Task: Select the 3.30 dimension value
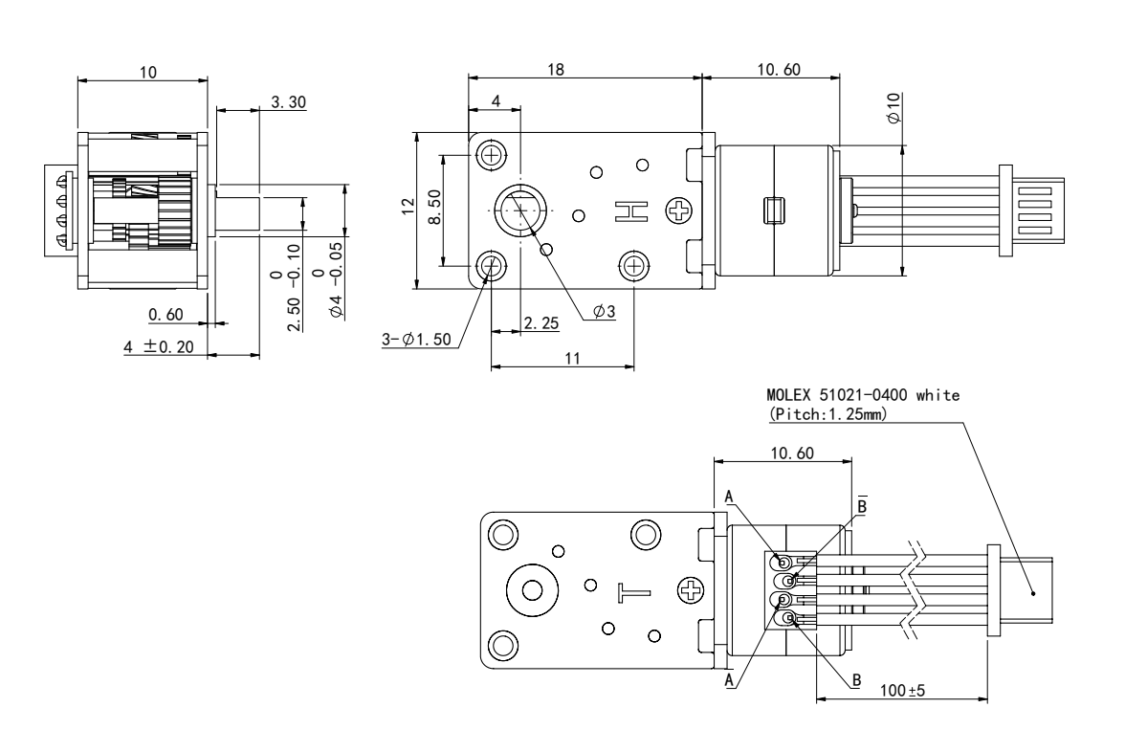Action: click(x=290, y=101)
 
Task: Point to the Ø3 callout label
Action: click(x=604, y=311)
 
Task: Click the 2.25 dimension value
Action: click(x=541, y=324)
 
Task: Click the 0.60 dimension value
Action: click(x=166, y=315)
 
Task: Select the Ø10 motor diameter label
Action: click(x=893, y=107)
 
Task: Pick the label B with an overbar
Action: click(x=862, y=504)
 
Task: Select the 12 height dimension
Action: click(x=407, y=208)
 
